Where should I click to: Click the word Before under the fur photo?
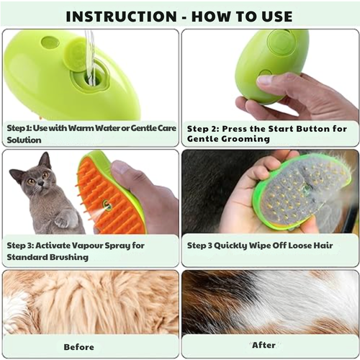pyautogui.click(x=79, y=347)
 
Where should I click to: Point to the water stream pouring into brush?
pyautogui.click(x=90, y=54)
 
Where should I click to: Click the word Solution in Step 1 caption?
pyautogui.click(x=24, y=140)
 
